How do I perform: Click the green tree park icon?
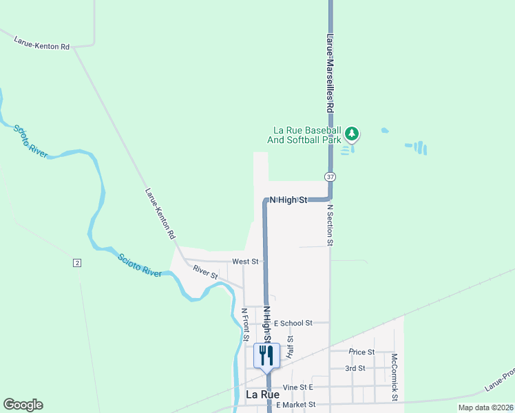point(353,132)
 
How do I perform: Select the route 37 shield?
point(331,177)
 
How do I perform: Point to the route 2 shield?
point(77,263)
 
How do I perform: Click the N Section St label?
point(330,224)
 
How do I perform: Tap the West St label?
point(245,262)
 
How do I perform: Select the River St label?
point(205,272)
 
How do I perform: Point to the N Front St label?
point(244,324)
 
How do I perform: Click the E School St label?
point(293,323)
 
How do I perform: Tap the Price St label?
point(361,352)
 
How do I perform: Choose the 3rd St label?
point(355,368)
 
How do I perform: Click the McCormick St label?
point(395,377)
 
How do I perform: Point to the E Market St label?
point(295,405)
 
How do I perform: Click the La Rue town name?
point(263,395)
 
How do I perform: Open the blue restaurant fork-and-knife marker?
point(266,355)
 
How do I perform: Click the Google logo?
point(23,405)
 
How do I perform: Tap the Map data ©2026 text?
point(485,407)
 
